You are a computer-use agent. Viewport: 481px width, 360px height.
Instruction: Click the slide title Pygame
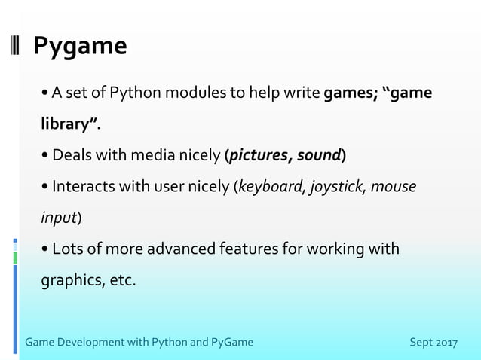(80, 47)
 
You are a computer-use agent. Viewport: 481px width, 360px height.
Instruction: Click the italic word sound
(319, 156)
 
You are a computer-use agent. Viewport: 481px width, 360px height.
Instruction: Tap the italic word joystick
(337, 187)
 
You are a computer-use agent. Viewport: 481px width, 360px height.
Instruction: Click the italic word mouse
(394, 187)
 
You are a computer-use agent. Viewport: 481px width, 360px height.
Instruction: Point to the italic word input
(59, 218)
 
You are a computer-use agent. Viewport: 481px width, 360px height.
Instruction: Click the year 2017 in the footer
(444, 343)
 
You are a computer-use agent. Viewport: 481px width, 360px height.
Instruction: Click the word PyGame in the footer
(232, 343)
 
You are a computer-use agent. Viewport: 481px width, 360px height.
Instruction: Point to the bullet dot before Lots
(47, 249)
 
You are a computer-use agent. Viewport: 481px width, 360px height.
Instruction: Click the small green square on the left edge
(14, 258)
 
